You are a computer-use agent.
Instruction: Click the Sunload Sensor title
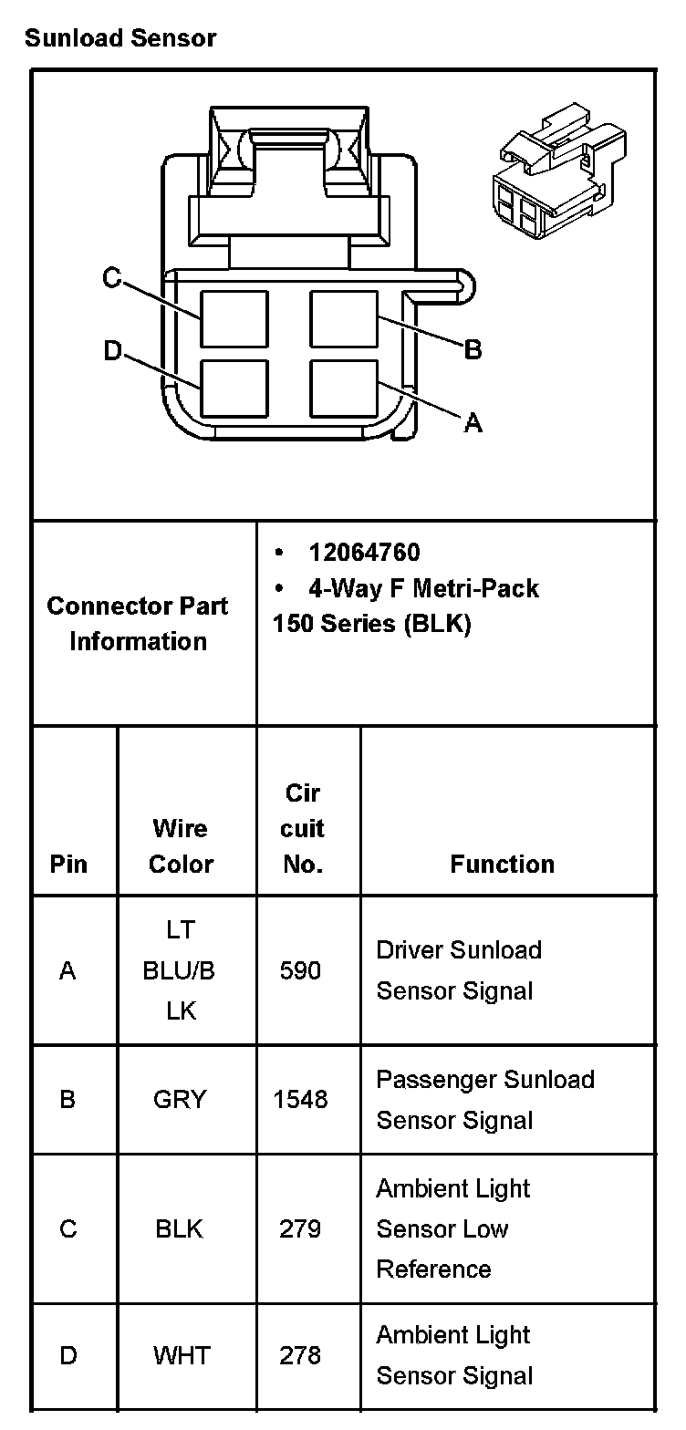pos(120,38)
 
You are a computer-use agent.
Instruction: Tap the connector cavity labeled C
pos(234,318)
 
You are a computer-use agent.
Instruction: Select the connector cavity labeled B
pos(344,318)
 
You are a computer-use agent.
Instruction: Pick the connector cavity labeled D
pos(234,389)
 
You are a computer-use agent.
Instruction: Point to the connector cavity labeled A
pos(344,388)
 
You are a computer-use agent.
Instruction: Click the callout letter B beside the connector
pos(473,349)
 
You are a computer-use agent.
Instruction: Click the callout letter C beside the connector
pos(112,278)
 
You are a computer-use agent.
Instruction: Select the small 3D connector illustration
pos(557,173)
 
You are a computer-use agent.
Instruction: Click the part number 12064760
pos(364,553)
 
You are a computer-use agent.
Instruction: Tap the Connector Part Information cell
pos(138,624)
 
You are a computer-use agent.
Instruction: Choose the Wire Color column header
pos(181,846)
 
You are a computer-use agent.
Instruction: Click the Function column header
pos(502,864)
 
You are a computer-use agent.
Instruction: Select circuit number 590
pos(300,970)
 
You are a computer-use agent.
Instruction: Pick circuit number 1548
pos(300,1099)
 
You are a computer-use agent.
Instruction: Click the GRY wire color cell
pos(180,1099)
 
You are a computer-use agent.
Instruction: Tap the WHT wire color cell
pos(180,1355)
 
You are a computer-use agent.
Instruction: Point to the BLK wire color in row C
pos(180,1229)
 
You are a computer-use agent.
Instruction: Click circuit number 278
pos(300,1355)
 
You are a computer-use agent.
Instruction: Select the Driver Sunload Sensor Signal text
pos(459,970)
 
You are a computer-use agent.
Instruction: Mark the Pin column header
pos(68,864)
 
